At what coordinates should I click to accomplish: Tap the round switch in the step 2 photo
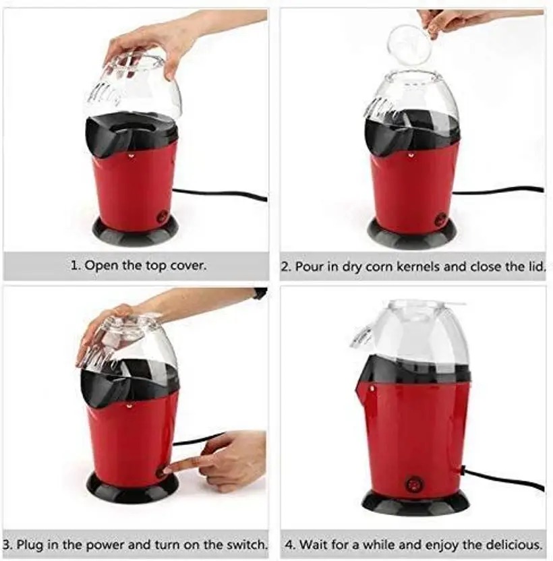(x=440, y=219)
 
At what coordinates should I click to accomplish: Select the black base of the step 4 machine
(x=415, y=502)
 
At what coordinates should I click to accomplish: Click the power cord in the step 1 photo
(x=220, y=194)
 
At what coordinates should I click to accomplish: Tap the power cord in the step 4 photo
(x=504, y=478)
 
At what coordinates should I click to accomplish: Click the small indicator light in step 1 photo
(x=130, y=156)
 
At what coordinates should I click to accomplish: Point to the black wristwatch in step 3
(x=260, y=293)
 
